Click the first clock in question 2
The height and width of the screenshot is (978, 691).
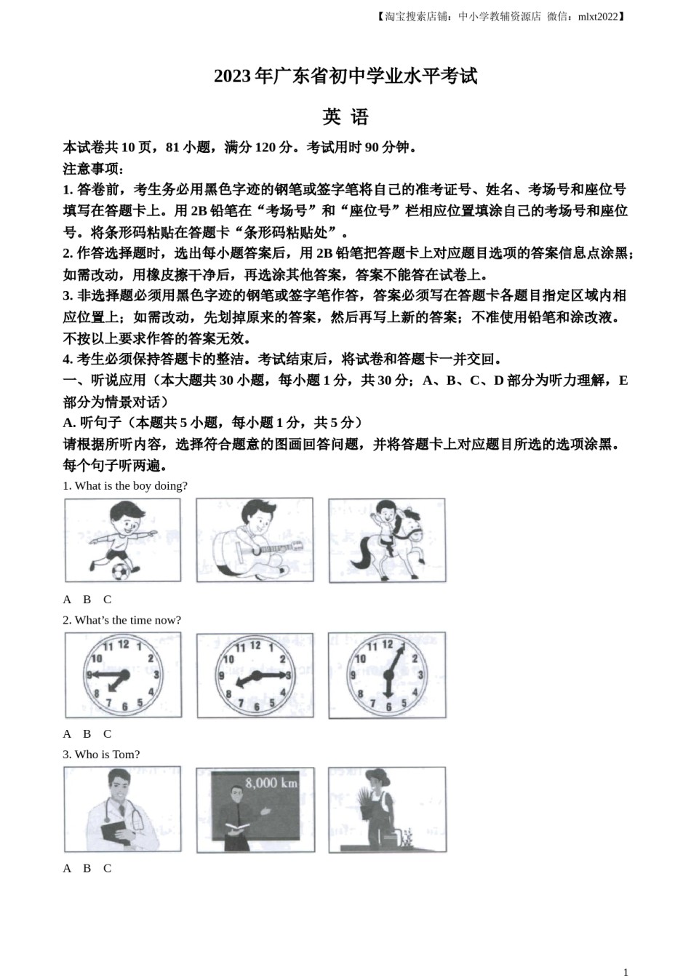(x=123, y=675)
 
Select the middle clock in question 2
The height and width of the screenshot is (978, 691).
(x=255, y=675)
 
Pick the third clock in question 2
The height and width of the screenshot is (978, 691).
(x=387, y=675)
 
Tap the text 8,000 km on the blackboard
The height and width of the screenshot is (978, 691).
(x=271, y=783)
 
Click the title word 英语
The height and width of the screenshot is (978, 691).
(x=345, y=117)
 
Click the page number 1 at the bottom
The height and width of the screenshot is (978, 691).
(x=626, y=971)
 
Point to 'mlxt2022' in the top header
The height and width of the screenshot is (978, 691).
(x=598, y=17)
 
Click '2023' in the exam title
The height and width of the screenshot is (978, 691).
(x=232, y=76)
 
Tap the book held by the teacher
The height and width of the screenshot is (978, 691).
(x=237, y=825)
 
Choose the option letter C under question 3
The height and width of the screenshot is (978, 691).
(x=107, y=868)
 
